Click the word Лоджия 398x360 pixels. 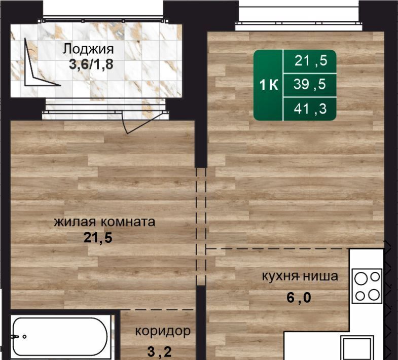click(x=88, y=49)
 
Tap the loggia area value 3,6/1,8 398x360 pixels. click(x=91, y=64)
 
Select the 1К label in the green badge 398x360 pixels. click(x=269, y=85)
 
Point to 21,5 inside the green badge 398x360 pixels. click(x=311, y=61)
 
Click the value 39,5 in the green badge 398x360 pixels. click(x=310, y=84)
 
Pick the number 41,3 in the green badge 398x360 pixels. click(x=310, y=109)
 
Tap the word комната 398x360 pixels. click(x=128, y=222)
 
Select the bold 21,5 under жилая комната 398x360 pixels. click(x=98, y=238)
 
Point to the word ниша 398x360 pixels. click(x=321, y=276)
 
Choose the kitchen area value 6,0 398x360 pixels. click(x=299, y=297)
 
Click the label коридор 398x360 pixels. click(x=163, y=331)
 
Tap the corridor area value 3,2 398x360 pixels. click(x=160, y=351)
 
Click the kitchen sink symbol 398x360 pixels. click(x=357, y=348)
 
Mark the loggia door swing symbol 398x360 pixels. click(x=142, y=123)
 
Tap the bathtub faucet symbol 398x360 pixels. click(x=19, y=337)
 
